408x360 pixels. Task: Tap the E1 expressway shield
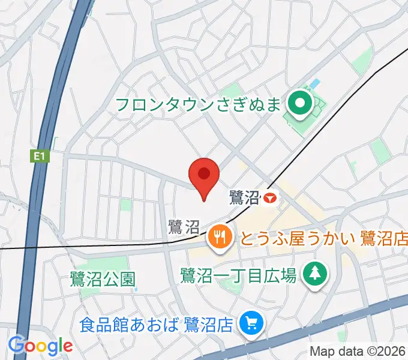point(39,156)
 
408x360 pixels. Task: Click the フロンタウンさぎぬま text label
point(197,105)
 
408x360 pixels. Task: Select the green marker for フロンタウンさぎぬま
point(298,104)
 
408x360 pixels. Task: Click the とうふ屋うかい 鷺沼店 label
point(323,239)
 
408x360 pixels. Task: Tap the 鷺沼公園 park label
point(103,278)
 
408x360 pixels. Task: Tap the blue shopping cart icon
point(248,325)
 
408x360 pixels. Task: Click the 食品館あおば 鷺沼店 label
point(156,325)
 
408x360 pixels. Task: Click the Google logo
point(40,345)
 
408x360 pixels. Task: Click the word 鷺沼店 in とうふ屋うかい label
point(384,239)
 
